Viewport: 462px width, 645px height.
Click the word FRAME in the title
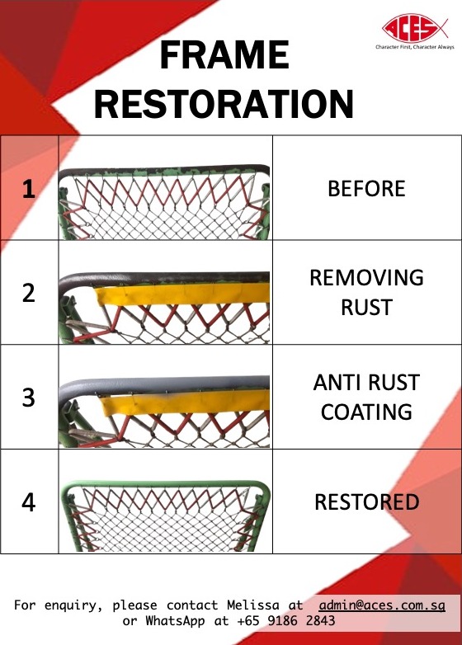click(x=224, y=55)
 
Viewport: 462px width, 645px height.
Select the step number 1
click(x=29, y=189)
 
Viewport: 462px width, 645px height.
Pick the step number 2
click(x=29, y=293)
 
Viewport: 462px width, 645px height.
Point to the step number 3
click(x=29, y=397)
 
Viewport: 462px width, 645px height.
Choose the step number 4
click(x=29, y=501)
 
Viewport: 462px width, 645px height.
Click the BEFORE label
click(x=366, y=189)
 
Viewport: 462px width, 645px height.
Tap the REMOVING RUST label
click(x=366, y=292)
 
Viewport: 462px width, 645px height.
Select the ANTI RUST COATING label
click(x=366, y=397)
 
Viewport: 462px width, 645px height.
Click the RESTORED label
click(x=366, y=501)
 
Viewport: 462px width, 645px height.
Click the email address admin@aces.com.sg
click(x=382, y=605)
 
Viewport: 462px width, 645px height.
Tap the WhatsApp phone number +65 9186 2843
click(x=286, y=621)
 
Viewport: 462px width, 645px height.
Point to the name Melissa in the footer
click(x=247, y=605)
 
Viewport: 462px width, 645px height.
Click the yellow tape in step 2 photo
click(x=181, y=294)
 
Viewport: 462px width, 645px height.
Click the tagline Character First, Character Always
click(x=415, y=48)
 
